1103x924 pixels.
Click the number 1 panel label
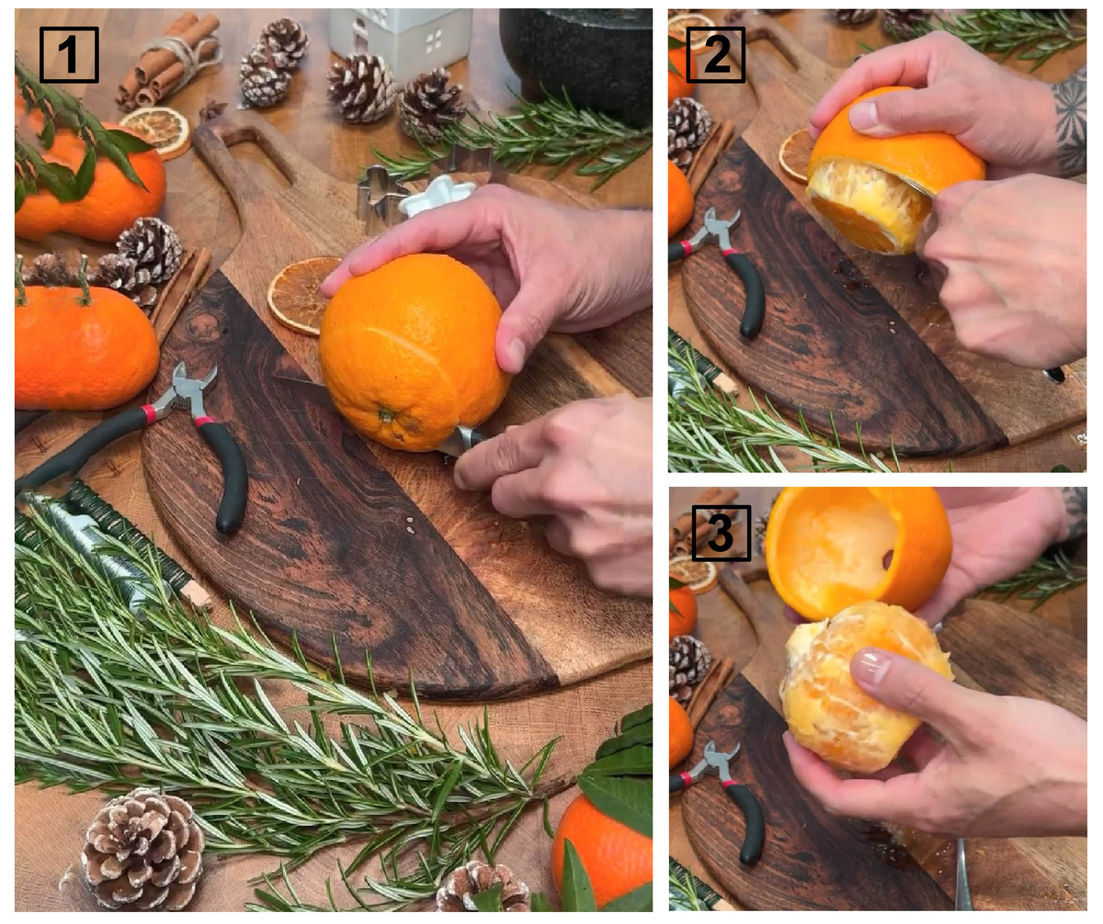(x=69, y=55)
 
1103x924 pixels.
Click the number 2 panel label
(x=715, y=55)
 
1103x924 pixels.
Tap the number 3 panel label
(x=721, y=533)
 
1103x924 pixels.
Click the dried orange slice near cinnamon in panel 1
(x=157, y=131)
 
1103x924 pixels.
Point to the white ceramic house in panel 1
(x=400, y=40)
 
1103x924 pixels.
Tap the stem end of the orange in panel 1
(x=387, y=416)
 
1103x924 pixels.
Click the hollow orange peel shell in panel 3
(x=858, y=552)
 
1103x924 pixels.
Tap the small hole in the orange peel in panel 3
(x=888, y=559)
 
